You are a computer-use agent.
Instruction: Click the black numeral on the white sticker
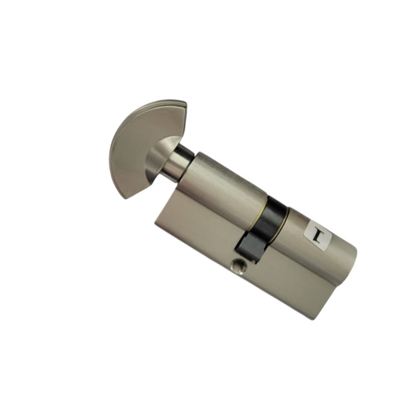317,234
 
